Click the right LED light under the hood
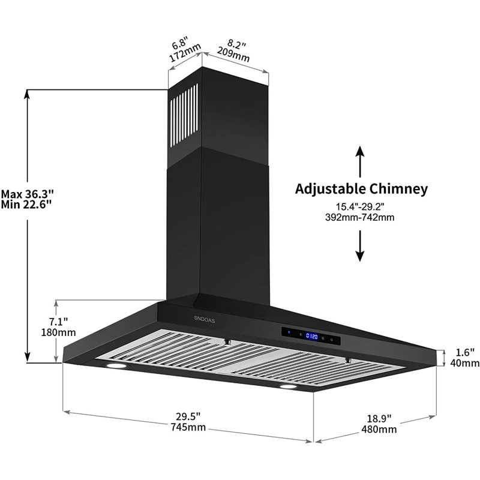[x=292, y=389]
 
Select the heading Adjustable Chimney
[x=361, y=189]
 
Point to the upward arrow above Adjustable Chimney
[x=359, y=159]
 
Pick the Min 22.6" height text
[x=26, y=205]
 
